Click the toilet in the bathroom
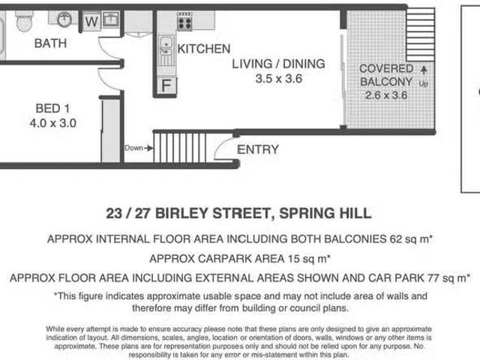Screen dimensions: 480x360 [24, 21]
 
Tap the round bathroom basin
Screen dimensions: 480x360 [64, 19]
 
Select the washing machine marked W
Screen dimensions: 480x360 [91, 22]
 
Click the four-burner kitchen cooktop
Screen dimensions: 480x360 [184, 22]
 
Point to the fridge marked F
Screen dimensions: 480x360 [166, 85]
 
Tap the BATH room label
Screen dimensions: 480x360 [50, 43]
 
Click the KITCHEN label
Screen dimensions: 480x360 [204, 49]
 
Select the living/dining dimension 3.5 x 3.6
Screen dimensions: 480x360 [278, 79]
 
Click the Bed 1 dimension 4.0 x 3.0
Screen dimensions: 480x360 [53, 123]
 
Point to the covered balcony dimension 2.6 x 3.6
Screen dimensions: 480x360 [386, 95]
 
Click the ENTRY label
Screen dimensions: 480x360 [258, 150]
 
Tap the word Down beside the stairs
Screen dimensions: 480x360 [133, 148]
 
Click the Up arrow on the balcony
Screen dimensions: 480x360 [424, 70]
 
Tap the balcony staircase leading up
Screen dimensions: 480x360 [420, 35]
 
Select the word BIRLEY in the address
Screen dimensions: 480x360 [181, 213]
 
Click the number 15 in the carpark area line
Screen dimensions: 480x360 [293, 259]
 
